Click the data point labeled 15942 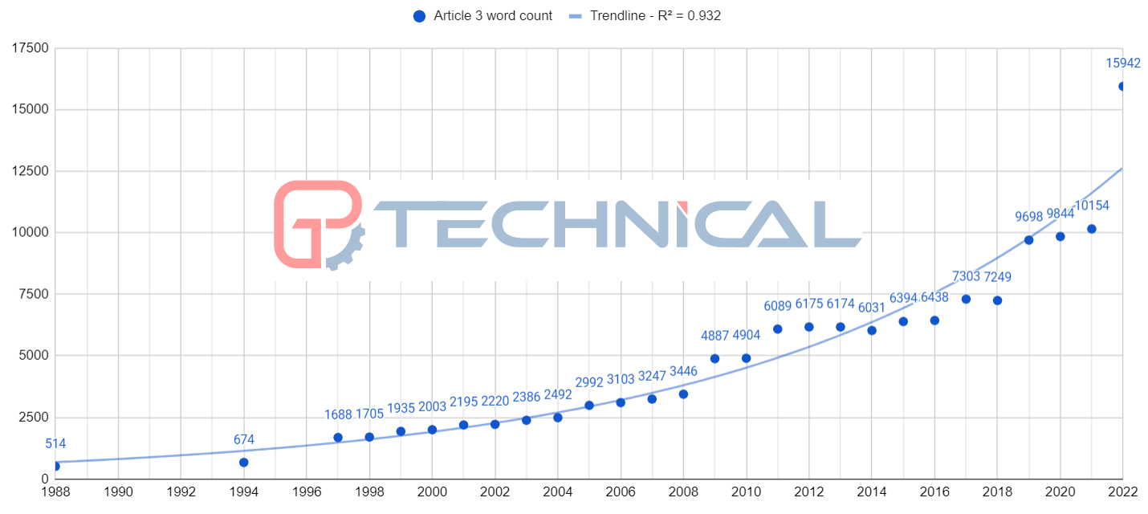tap(1122, 86)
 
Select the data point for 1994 tap(243, 462)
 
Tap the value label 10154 tap(1092, 206)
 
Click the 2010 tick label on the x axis tap(747, 491)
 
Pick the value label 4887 tap(714, 336)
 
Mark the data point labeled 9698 tap(1028, 240)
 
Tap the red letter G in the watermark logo tap(317, 223)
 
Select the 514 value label tap(55, 443)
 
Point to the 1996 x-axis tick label tap(307, 491)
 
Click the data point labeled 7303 tap(966, 299)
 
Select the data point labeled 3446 tap(683, 394)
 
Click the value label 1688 tap(338, 414)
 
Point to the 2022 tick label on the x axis tap(1122, 491)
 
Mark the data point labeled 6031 tap(872, 330)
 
